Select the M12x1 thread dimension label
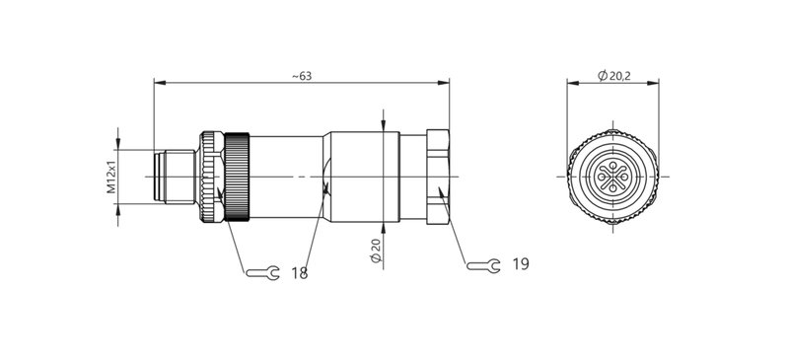111,177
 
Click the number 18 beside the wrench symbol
299,272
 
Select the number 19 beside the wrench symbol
522,264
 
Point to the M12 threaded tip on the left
173,178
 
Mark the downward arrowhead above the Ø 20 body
383,123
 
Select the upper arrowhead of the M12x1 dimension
119,144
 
